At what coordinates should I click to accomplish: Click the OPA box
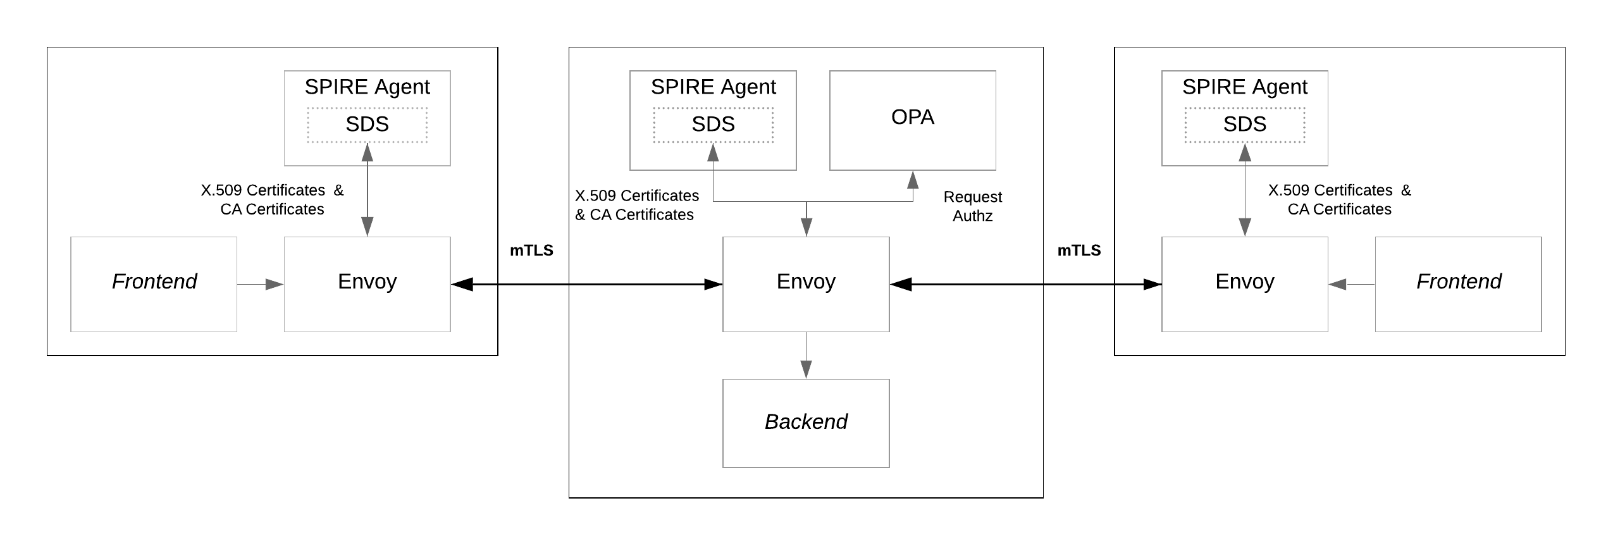[x=912, y=120]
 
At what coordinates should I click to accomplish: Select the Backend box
[x=806, y=423]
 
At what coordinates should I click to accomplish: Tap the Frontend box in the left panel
[x=154, y=284]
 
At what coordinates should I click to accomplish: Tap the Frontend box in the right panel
[x=1458, y=284]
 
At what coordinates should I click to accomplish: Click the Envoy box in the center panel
[x=806, y=284]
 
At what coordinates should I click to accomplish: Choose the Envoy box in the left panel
[x=367, y=284]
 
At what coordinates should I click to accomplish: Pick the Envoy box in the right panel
[x=1244, y=284]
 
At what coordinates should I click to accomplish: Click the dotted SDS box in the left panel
[x=367, y=125]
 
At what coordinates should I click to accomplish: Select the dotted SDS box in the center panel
[x=713, y=125]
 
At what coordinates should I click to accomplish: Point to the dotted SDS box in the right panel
[x=1244, y=125]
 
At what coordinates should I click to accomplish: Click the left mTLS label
[x=531, y=251]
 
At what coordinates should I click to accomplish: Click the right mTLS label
[x=1079, y=251]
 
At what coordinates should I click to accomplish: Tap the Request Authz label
[x=972, y=206]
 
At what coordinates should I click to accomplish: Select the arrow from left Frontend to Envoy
[x=260, y=285]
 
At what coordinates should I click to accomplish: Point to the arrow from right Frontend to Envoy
[x=1351, y=285]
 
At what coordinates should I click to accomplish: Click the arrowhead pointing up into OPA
[x=913, y=180]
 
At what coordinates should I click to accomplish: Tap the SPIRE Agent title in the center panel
[x=713, y=87]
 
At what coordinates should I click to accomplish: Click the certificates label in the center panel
[x=636, y=205]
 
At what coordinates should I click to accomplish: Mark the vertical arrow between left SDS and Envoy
[x=367, y=190]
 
